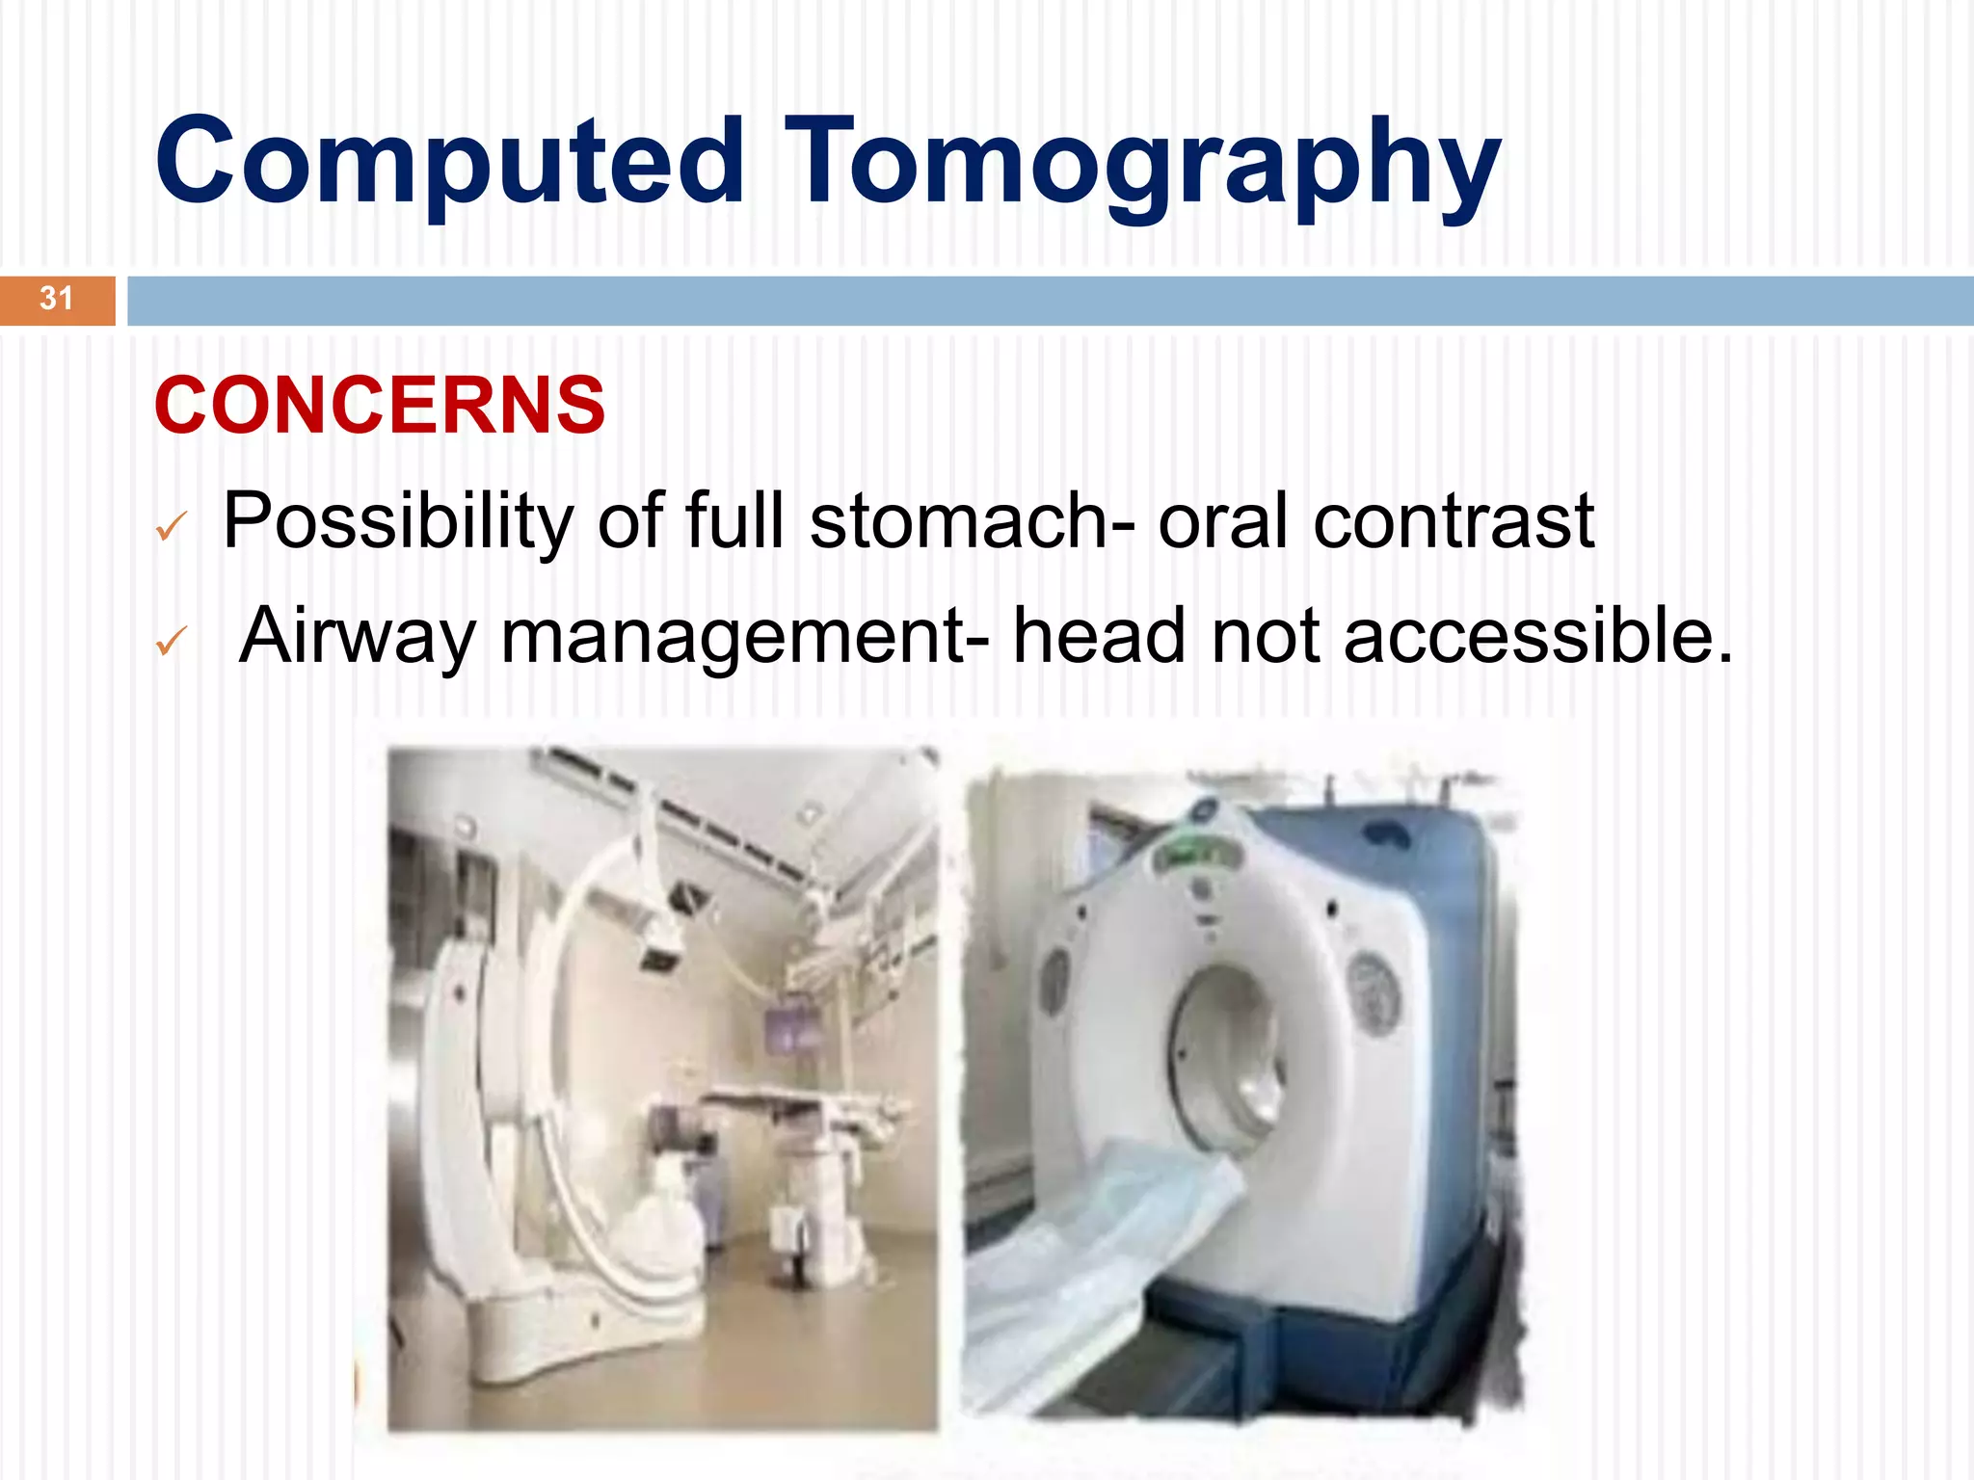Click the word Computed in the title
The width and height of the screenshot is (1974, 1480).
pos(449,162)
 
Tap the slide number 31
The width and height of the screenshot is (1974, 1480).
pos(56,300)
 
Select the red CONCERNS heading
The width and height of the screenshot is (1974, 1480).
pos(380,406)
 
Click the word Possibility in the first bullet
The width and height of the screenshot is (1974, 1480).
pos(398,522)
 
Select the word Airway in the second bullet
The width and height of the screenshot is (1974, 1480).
pos(358,636)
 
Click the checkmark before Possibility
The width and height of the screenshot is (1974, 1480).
pos(170,527)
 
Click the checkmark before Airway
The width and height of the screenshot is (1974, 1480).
pos(170,642)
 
